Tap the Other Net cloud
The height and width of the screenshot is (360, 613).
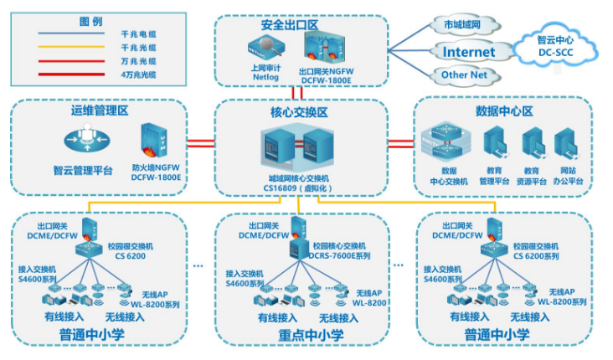click(x=464, y=75)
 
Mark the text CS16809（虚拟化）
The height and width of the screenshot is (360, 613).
click(x=301, y=189)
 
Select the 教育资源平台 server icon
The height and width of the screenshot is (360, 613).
click(x=533, y=144)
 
